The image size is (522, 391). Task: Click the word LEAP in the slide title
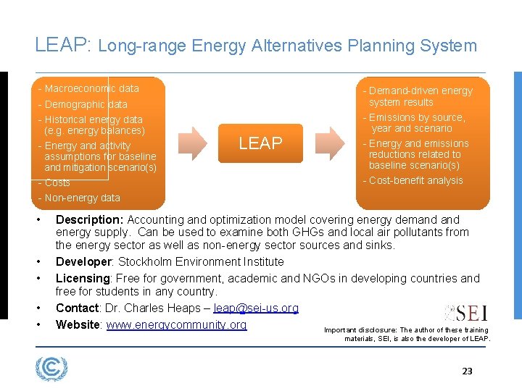click(61, 45)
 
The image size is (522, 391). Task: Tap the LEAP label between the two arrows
click(260, 143)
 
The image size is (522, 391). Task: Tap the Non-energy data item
click(79, 198)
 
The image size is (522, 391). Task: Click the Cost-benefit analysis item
click(413, 180)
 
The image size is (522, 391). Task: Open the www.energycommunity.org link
click(176, 324)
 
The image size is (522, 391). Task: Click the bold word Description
click(88, 219)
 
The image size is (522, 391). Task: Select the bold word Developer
click(83, 261)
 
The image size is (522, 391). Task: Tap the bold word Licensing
click(83, 278)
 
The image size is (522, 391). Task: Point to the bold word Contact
click(77, 308)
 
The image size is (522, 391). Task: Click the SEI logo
click(465, 313)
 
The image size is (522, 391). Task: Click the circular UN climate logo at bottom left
click(51, 369)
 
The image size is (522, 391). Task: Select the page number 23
click(467, 371)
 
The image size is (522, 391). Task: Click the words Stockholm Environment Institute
click(201, 261)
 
